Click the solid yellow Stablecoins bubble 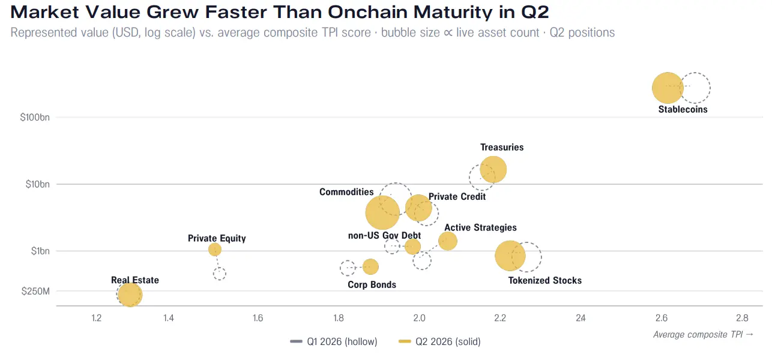[x=668, y=88]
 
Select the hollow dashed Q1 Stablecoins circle [x=710, y=88]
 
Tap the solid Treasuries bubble [x=493, y=169]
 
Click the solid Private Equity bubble [x=215, y=250]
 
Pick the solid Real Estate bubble [x=130, y=295]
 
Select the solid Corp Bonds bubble [x=370, y=266]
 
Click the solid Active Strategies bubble [x=448, y=241]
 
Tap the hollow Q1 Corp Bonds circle [x=340, y=268]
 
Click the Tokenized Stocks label [x=545, y=280]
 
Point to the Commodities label [x=346, y=192]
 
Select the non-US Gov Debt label [x=384, y=236]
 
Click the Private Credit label [x=457, y=197]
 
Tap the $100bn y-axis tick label [x=35, y=118]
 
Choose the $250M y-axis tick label [x=35, y=292]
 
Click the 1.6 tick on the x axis [x=258, y=317]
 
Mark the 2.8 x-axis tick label [x=742, y=317]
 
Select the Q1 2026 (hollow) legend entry [x=334, y=341]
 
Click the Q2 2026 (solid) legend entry [x=439, y=341]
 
